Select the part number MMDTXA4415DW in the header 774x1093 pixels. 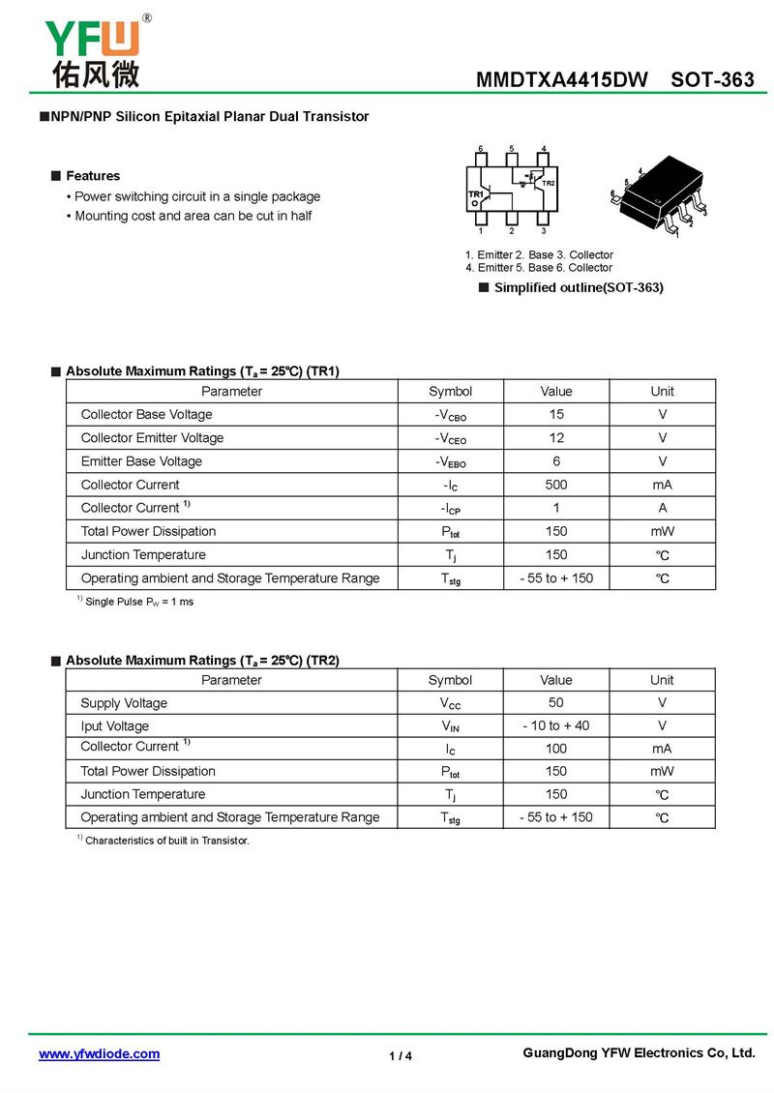[x=561, y=80]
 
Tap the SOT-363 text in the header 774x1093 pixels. [x=712, y=80]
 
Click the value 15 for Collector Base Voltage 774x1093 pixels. [x=556, y=414]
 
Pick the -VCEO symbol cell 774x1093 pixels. [x=450, y=438]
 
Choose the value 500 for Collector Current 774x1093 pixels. [x=556, y=485]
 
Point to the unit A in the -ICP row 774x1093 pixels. [x=663, y=508]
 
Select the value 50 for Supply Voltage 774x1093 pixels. [x=556, y=703]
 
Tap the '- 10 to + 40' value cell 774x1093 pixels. [x=556, y=725]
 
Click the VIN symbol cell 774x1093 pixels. [x=450, y=726]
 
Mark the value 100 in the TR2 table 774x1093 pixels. [x=556, y=749]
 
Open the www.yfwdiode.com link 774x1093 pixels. [x=99, y=1054]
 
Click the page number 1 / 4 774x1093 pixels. [x=401, y=1055]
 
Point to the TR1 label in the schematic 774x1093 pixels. [x=475, y=194]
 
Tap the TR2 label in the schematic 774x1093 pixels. [x=548, y=183]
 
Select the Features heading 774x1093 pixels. [x=93, y=176]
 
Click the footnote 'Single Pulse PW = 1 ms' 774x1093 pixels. [x=139, y=602]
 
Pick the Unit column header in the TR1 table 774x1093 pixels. [x=663, y=391]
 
